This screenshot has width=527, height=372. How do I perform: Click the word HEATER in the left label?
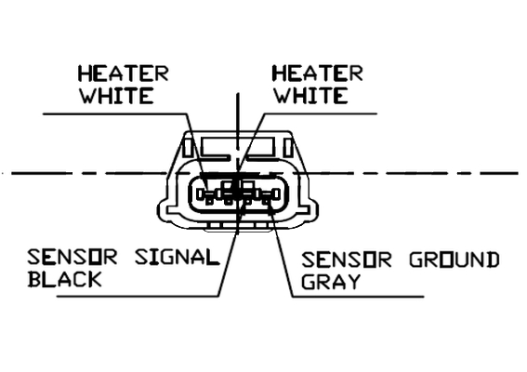[x=123, y=73]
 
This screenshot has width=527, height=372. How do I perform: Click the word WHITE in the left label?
[x=116, y=96]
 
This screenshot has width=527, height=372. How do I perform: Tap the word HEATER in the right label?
[x=318, y=73]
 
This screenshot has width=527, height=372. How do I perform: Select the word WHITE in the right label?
[x=310, y=96]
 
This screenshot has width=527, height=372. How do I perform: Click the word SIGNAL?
[x=177, y=258]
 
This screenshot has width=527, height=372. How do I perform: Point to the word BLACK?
[x=64, y=279]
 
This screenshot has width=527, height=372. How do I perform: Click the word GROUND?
[x=455, y=260]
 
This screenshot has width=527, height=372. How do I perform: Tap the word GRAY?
[x=331, y=282]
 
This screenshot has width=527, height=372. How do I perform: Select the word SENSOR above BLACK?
[x=72, y=258]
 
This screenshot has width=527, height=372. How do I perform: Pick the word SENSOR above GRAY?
[x=347, y=260]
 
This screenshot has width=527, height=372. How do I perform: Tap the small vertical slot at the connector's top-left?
[x=188, y=147]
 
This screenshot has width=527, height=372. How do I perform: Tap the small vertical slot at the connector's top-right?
[x=288, y=147]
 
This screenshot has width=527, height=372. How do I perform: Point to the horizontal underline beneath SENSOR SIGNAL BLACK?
[x=138, y=297]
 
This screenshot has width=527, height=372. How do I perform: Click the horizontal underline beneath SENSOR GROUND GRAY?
[x=358, y=297]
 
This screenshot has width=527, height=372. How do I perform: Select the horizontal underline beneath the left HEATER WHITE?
[x=114, y=113]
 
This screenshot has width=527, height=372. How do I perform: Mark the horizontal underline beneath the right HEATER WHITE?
[x=321, y=113]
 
